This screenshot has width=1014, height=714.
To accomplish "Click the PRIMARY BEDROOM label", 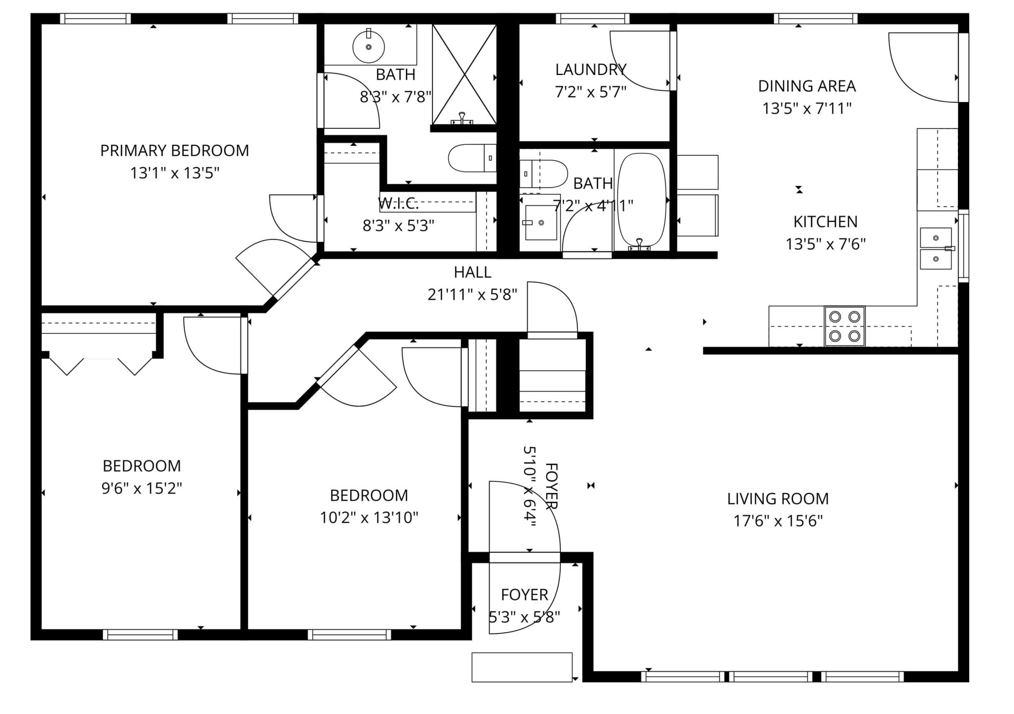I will pos(174,151).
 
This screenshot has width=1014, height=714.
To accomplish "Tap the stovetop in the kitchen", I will pos(844,326).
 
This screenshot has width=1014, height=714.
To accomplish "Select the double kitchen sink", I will pos(936,248).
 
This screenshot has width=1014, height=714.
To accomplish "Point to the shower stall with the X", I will pos(464,74).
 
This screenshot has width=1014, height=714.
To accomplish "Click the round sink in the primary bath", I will pos(369,46).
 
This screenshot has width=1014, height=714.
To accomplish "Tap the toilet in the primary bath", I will pos(472,158).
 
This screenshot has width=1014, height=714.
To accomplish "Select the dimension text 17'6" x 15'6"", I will pos(778,521).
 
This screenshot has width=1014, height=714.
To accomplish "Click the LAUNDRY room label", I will pos(590,69).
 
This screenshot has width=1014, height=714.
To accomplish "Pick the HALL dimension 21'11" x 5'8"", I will pos(472,295).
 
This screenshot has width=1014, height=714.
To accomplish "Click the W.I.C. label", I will pos(398,203).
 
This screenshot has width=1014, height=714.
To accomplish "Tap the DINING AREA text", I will pos(806,86).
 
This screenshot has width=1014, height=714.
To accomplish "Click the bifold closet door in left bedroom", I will pos(100,364).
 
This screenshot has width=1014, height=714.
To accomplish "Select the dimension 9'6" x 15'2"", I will pos(142,488).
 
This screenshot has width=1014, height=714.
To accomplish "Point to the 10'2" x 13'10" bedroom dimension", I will pos(369,518).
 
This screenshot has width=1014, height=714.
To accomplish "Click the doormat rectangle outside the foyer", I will pos(522,667).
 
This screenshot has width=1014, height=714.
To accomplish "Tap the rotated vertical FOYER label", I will pos(551,486).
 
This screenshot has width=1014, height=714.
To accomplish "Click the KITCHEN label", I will pos(825,222).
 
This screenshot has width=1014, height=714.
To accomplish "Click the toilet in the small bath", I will pos(543,174).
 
